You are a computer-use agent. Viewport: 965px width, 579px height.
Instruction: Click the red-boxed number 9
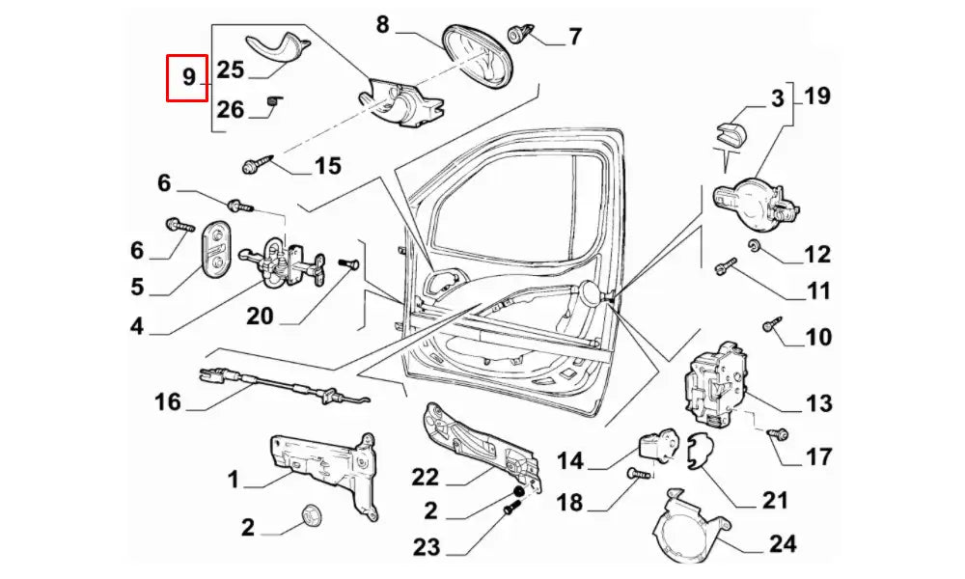(x=188, y=77)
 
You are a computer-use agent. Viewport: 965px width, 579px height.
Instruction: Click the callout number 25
(x=231, y=69)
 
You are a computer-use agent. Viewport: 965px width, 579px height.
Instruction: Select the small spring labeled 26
(x=272, y=101)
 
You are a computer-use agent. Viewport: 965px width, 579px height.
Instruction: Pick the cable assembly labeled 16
(x=280, y=385)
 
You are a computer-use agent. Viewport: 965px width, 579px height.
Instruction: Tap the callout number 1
(x=234, y=480)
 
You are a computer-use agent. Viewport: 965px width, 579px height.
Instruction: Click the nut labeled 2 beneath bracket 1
(x=311, y=515)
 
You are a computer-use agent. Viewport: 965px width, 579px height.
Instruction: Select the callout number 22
(x=425, y=478)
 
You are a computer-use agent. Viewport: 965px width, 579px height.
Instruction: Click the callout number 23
(x=427, y=548)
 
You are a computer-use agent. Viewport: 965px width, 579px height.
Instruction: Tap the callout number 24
(x=783, y=543)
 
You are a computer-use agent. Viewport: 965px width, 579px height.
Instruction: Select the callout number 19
(x=815, y=96)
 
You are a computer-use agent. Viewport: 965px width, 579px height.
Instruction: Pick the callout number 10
(x=817, y=338)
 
